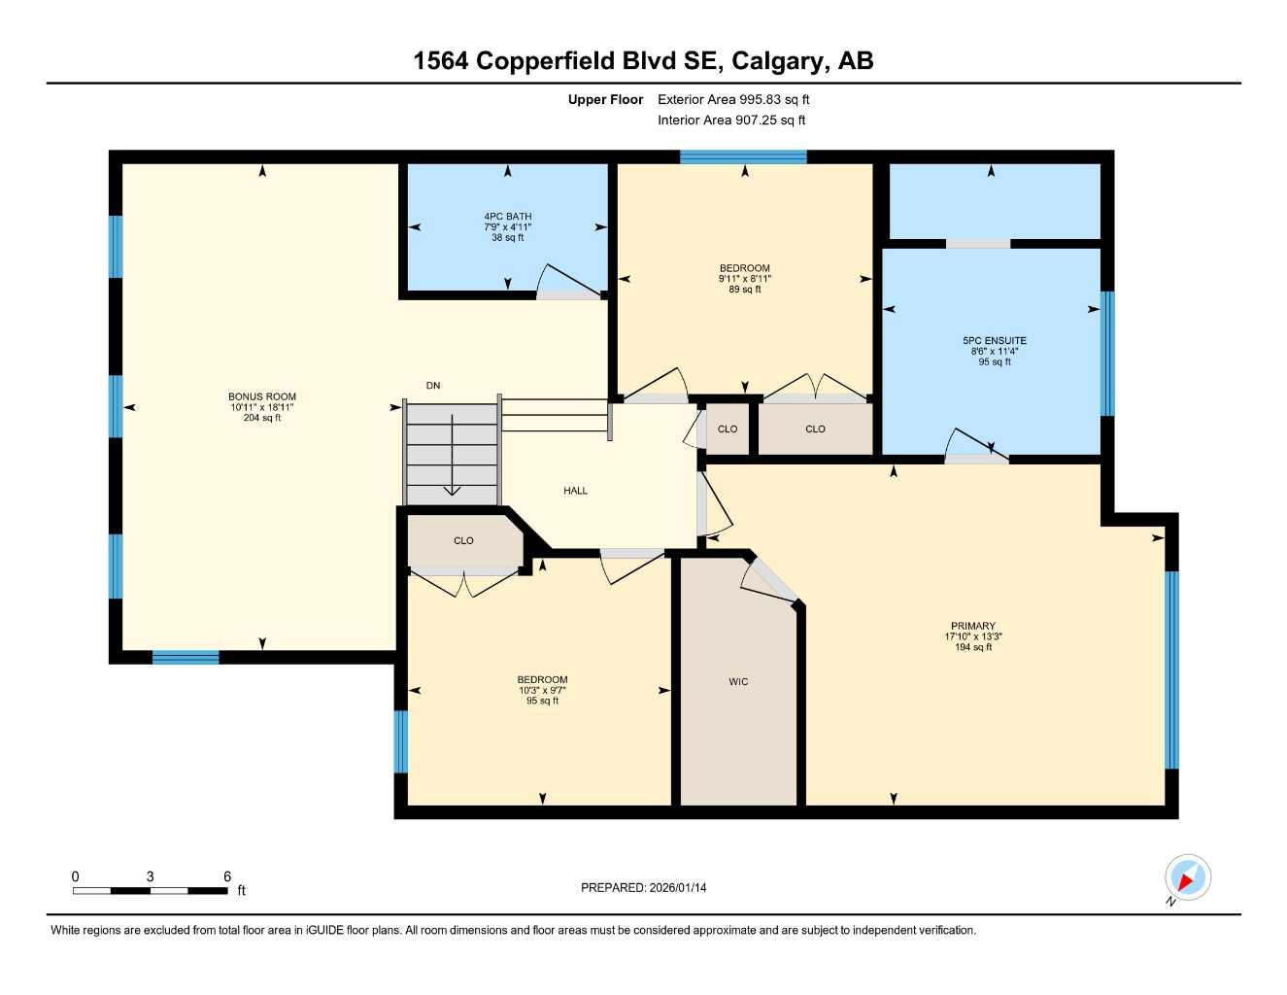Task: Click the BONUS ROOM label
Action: [x=262, y=396]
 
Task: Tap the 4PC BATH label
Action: [x=508, y=217]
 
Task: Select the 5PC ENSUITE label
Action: [x=995, y=341]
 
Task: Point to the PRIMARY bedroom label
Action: [x=973, y=627]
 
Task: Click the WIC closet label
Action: [x=738, y=682]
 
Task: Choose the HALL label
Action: [x=575, y=491]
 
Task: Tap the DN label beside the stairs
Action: [x=433, y=386]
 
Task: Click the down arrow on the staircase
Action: [x=452, y=457]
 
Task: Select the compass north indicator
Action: [x=1187, y=878]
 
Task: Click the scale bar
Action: [x=150, y=890]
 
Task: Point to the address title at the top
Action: [x=643, y=60]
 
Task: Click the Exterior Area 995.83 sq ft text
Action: [x=733, y=99]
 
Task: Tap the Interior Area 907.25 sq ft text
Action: [x=731, y=120]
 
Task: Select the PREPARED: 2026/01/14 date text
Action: [x=643, y=887]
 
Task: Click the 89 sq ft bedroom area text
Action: [x=745, y=290]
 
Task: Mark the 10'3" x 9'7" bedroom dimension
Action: [x=542, y=691]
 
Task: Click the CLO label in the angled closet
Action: [x=463, y=541]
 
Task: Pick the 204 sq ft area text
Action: [x=262, y=418]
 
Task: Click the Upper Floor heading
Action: [x=605, y=99]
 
